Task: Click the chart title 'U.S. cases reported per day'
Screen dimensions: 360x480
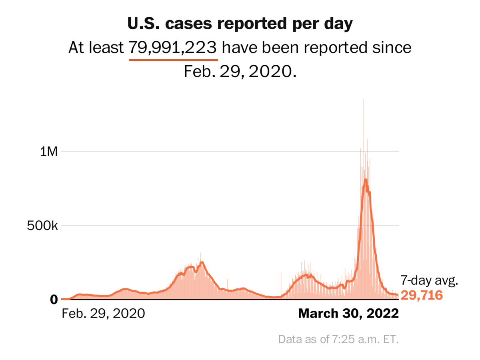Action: [240, 24]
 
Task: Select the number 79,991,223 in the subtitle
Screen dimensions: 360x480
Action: [173, 48]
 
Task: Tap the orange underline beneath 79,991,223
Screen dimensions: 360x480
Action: [173, 60]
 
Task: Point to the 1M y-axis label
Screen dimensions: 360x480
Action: [50, 152]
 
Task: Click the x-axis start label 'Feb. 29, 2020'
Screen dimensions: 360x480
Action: [103, 313]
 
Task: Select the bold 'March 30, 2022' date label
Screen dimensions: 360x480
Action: [348, 313]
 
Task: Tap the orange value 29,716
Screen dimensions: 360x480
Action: [422, 296]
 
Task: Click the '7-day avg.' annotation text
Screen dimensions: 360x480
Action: [429, 281]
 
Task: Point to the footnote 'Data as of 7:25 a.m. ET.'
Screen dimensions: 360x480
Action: [339, 340]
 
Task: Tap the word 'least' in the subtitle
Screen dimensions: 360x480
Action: [106, 48]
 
